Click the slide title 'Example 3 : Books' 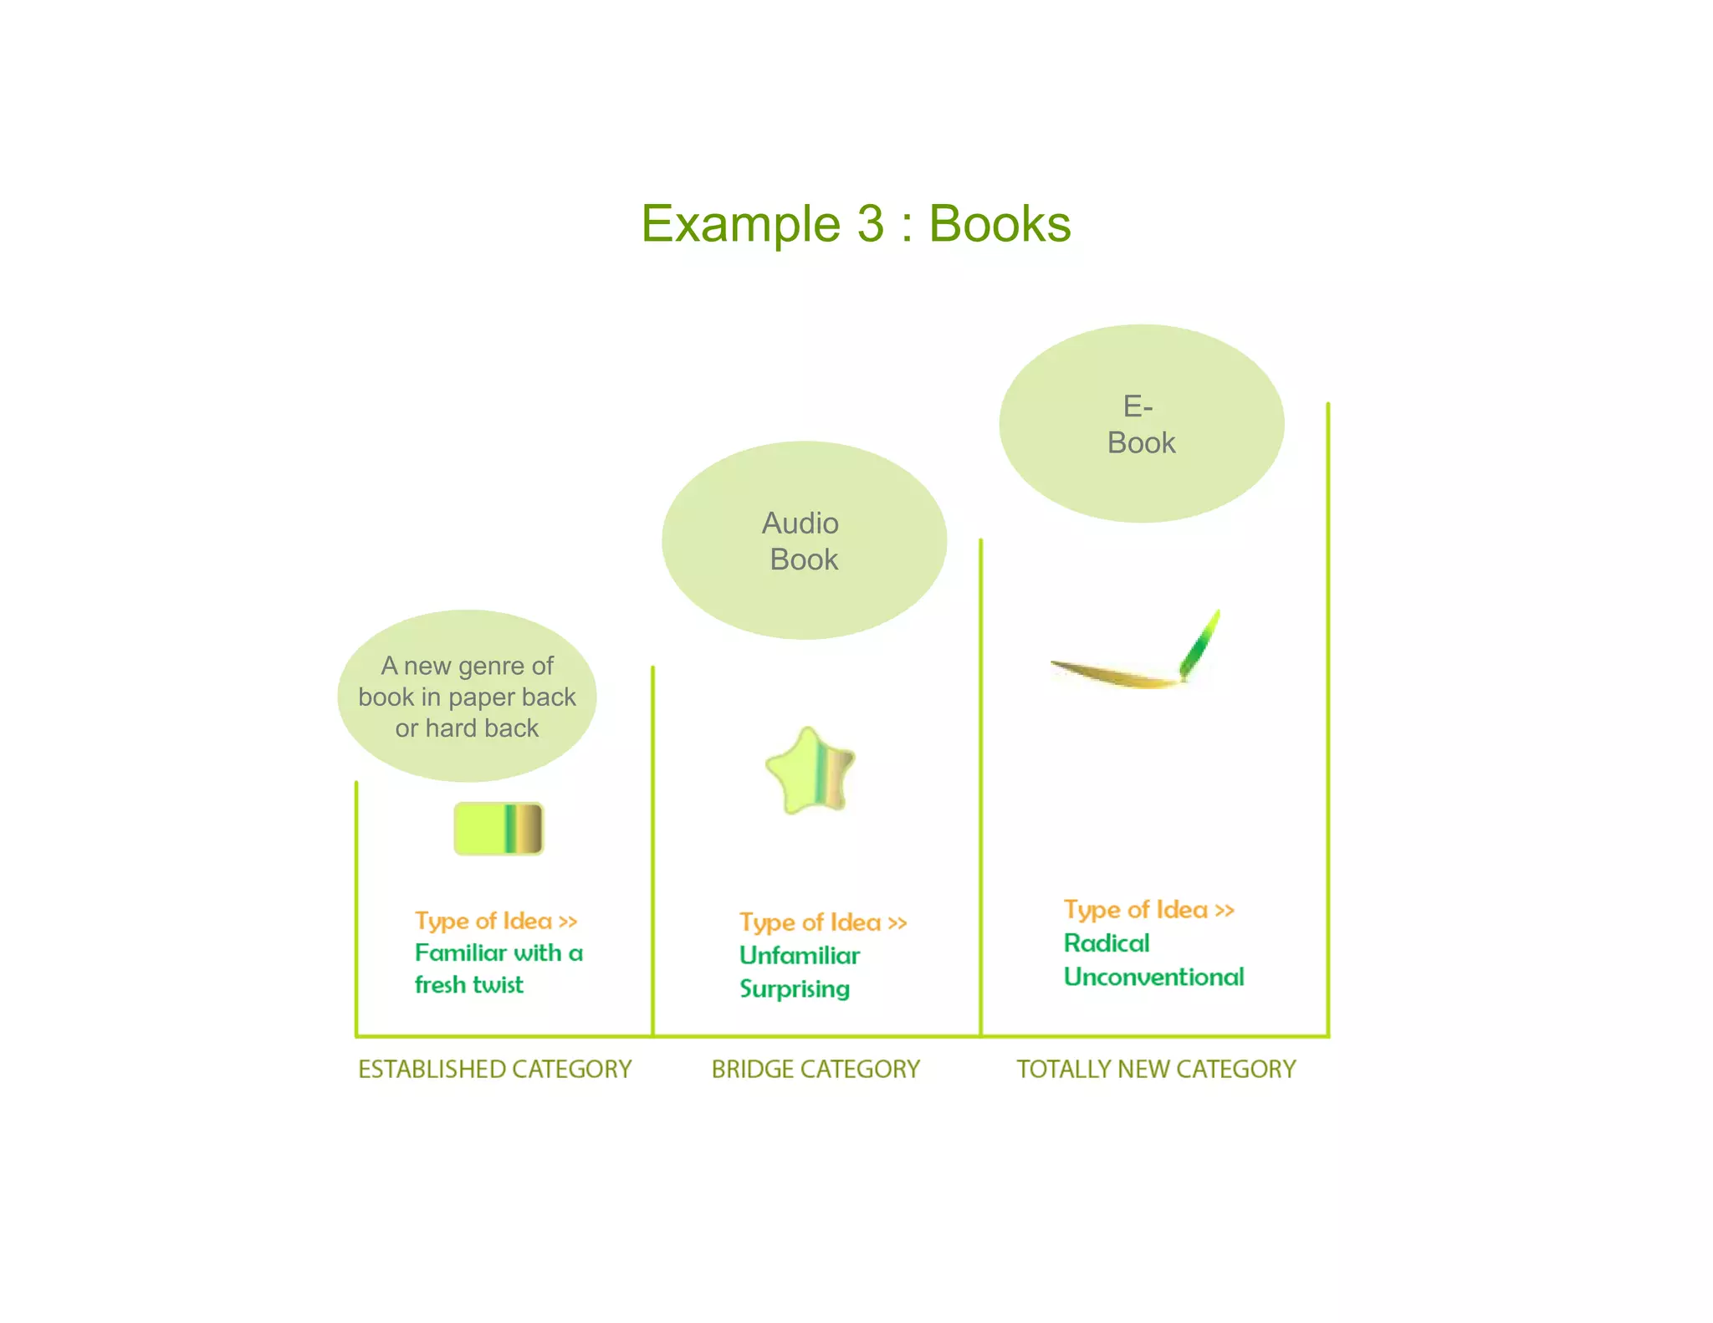(856, 224)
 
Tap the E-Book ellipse (1141, 424)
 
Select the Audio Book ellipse (804, 540)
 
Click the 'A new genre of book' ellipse (467, 696)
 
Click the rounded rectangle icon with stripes (499, 828)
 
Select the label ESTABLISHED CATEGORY (494, 1069)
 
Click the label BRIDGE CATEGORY (816, 1069)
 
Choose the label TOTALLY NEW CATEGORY (1156, 1069)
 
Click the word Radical (1107, 943)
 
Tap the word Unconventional (1153, 977)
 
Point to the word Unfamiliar (800, 955)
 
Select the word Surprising (795, 988)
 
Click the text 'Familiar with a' (499, 953)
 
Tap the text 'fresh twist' (469, 984)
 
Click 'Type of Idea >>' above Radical (1148, 909)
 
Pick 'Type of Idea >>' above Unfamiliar (823, 922)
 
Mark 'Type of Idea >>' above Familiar (496, 921)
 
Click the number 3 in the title (870, 224)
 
